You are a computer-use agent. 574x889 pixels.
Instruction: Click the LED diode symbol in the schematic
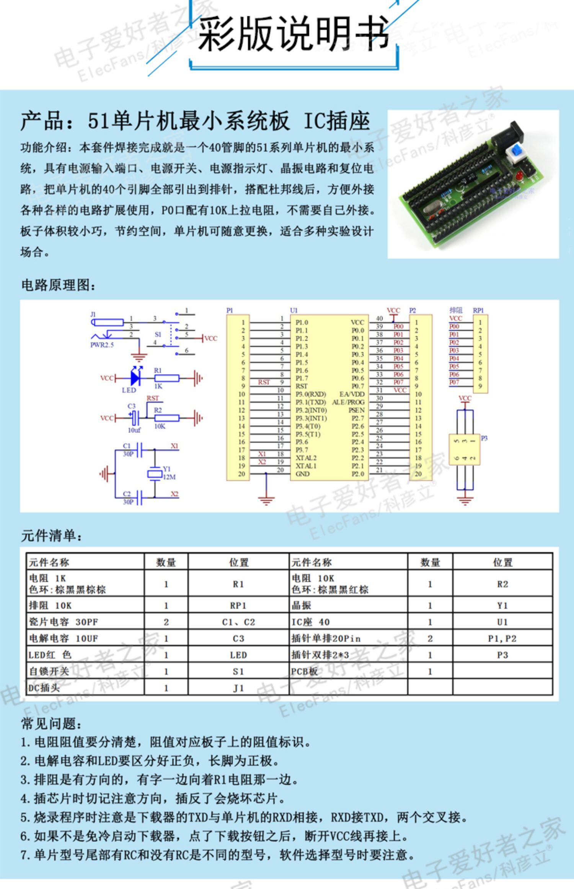click(135, 378)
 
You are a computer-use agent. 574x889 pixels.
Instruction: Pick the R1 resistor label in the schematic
click(158, 370)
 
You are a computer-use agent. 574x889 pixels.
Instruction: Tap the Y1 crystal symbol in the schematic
click(155, 474)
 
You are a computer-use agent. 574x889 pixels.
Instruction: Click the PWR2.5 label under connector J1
click(102, 345)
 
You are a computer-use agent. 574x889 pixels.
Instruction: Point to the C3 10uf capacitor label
click(132, 406)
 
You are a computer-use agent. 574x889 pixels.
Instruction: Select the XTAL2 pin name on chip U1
click(306, 458)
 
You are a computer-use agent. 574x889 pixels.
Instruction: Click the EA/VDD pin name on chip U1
click(352, 394)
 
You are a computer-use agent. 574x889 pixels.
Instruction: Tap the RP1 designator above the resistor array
click(478, 310)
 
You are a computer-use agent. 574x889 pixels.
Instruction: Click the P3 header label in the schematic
click(484, 438)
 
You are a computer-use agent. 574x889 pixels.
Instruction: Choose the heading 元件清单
click(51, 536)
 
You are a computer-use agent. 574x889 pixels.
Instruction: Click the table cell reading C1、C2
click(238, 622)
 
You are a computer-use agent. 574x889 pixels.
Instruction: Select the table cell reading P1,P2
click(502, 639)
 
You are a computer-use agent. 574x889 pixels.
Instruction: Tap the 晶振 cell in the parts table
click(301, 606)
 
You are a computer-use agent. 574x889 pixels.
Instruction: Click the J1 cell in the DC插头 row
click(238, 688)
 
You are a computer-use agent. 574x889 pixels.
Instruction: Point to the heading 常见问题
click(51, 724)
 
